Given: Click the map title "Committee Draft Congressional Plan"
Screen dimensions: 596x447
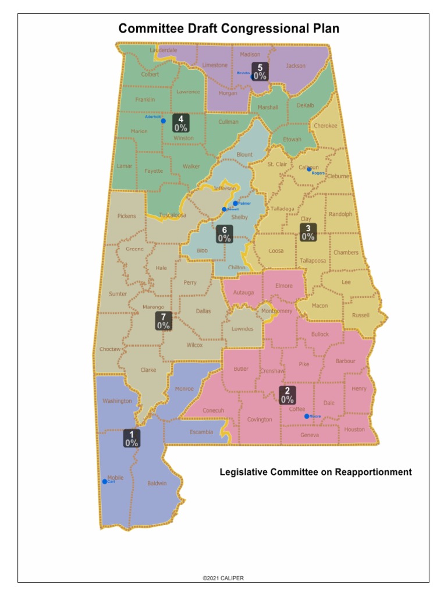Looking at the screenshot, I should tap(229, 29).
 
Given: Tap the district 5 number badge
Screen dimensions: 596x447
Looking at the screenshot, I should tap(260, 72).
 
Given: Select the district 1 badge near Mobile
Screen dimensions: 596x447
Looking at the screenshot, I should tap(132, 438).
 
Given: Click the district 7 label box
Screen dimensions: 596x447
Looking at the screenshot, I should tap(164, 321).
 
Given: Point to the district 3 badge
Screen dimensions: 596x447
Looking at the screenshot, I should tap(308, 232).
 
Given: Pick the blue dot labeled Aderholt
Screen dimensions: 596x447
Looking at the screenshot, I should tap(164, 121).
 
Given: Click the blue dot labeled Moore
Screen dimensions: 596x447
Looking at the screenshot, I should tap(307, 416).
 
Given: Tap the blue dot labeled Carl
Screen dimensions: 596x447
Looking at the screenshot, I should tap(105, 481).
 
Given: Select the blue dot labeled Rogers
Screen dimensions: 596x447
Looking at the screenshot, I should tap(309, 169).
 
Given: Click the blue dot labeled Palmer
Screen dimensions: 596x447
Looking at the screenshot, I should tap(236, 204).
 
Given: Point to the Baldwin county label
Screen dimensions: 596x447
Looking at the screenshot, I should tap(157, 483).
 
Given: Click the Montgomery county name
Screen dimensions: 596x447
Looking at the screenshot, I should tap(277, 311).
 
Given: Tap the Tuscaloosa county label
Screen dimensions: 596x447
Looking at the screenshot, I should tap(173, 215).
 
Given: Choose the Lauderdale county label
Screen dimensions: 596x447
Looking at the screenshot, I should tap(163, 51).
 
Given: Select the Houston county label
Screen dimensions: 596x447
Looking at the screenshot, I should tap(354, 430).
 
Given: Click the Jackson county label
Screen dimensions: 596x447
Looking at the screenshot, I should tap(296, 66).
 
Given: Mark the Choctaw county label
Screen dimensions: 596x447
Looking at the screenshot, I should tap(109, 349).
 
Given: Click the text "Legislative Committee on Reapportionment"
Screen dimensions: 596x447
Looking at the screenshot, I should tap(315, 472).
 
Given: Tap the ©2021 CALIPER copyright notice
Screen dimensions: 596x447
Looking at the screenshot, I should tap(223, 578).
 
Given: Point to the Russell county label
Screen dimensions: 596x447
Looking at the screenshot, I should tap(360, 315).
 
